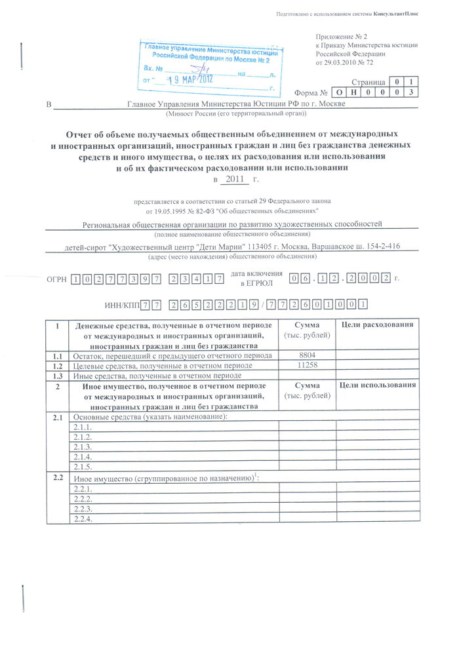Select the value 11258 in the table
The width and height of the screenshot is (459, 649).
(x=307, y=365)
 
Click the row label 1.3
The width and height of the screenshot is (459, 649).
(x=57, y=376)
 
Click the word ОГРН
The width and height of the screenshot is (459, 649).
(x=56, y=279)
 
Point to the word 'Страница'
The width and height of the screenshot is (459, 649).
(x=368, y=83)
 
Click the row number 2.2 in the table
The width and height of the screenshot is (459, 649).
(x=57, y=477)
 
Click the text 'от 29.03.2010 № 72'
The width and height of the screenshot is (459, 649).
(x=344, y=62)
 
